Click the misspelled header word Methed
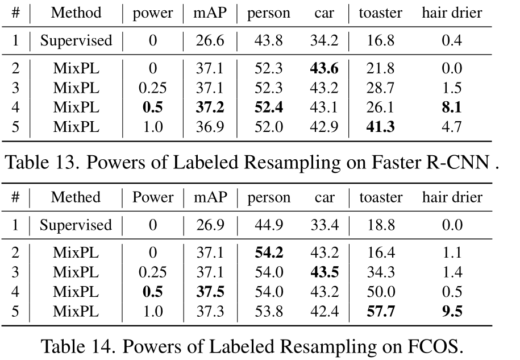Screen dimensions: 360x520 tap(76, 197)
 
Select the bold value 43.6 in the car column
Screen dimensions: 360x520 tap(325, 69)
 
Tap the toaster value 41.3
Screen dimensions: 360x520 tap(380, 127)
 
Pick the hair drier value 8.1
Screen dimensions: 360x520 tap(452, 107)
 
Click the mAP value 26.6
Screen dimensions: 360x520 tap(209, 40)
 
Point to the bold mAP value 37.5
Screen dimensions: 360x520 tap(209, 292)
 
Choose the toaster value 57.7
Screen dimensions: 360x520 tap(380, 311)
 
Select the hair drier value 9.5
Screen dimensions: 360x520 tap(452, 311)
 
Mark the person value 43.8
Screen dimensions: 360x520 tap(268, 40)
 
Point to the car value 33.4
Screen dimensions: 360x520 tap(325, 225)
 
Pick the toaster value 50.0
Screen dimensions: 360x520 tap(380, 292)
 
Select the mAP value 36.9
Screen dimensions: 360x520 tap(209, 127)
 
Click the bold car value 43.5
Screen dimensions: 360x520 tap(325, 272)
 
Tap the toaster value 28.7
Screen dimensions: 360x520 tap(380, 88)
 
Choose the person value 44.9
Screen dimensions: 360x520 tap(268, 225)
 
